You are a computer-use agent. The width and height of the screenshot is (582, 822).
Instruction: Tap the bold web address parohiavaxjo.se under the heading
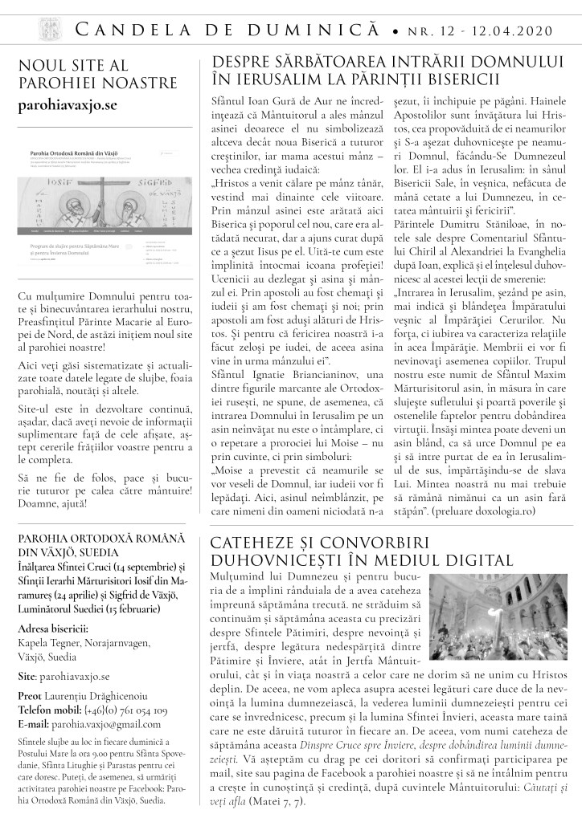point(68,105)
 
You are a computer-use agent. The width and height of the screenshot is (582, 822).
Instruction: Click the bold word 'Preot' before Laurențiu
point(32,695)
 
